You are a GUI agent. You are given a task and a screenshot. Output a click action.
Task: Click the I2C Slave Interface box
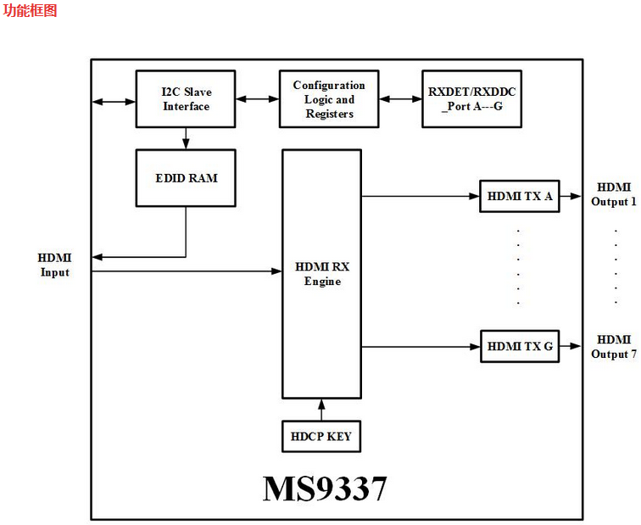pos(186,99)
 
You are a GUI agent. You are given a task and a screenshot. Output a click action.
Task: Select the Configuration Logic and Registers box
pos(329,99)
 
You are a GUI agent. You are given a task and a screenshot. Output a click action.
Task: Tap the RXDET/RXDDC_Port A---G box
pos(471,99)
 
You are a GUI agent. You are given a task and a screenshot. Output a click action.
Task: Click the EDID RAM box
pos(186,178)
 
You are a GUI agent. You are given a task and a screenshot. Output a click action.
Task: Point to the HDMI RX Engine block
pos(322,273)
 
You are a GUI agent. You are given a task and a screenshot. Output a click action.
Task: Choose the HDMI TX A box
pos(519,196)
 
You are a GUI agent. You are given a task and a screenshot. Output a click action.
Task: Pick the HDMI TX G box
pos(519,346)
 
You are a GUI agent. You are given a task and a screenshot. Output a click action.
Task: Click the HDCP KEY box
pos(320,436)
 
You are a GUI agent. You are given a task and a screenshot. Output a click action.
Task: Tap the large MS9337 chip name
pos(325,489)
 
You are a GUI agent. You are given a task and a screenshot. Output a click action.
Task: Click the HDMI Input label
pos(55,265)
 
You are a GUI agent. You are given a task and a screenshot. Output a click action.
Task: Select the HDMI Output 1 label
pos(613,194)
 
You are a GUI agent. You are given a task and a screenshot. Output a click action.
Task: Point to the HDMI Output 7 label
pos(613,346)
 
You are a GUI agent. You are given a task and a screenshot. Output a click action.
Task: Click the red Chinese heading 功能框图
pos(31,11)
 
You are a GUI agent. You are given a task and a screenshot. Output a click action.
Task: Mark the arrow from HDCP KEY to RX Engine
pos(321,409)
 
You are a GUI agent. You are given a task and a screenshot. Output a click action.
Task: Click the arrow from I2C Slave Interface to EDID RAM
pos(186,138)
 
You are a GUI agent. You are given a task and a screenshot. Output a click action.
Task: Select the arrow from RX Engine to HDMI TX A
pos(421,196)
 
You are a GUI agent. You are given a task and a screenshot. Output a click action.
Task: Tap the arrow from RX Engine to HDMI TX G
pos(421,346)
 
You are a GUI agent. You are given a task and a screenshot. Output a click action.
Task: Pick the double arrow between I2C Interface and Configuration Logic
pos(258,99)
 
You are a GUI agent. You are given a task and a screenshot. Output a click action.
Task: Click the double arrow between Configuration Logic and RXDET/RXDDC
pos(400,99)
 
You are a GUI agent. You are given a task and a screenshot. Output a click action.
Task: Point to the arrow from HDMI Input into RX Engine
pos(187,271)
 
